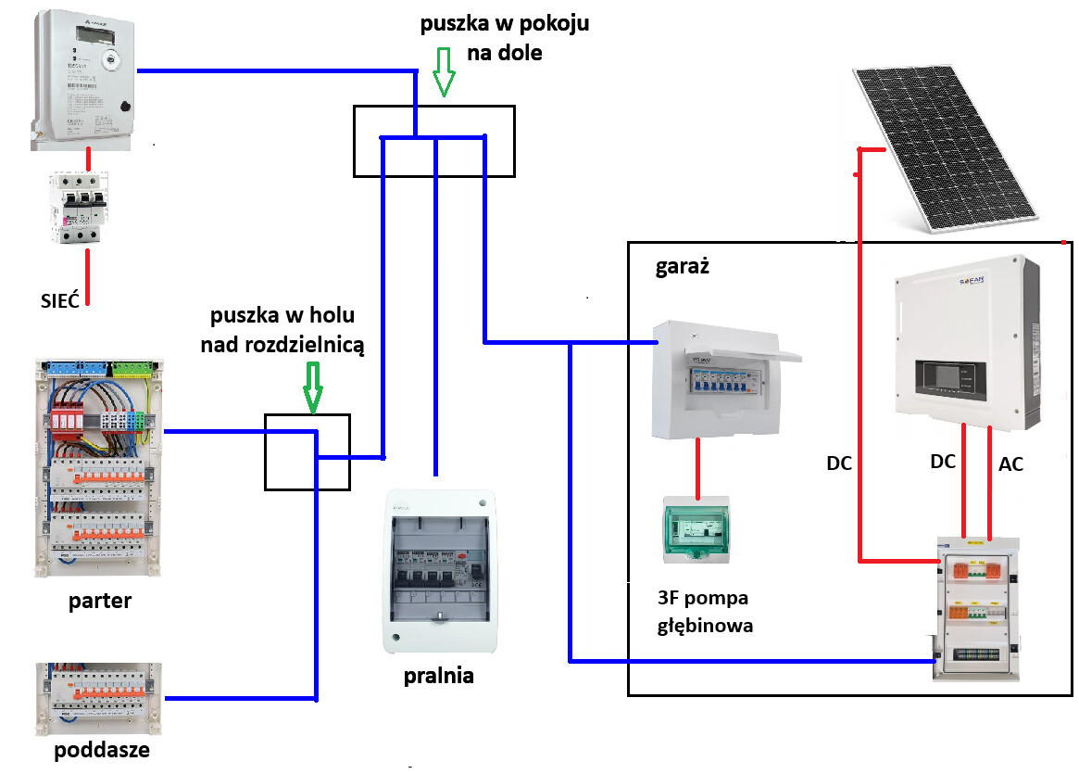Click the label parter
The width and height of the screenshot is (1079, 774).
pos(100,601)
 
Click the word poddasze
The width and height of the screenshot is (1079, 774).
pos(102,749)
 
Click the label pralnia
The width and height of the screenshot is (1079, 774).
pos(439,675)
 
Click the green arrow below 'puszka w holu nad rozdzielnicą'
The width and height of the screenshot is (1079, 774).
pos(313,388)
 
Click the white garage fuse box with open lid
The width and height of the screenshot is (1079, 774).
pos(722,380)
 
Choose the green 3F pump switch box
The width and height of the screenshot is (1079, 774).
pos(696,530)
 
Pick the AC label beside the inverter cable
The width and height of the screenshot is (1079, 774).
pos(1011,464)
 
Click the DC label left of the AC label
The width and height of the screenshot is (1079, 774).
pos(942,461)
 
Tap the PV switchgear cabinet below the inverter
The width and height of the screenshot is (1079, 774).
pos(979,607)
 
